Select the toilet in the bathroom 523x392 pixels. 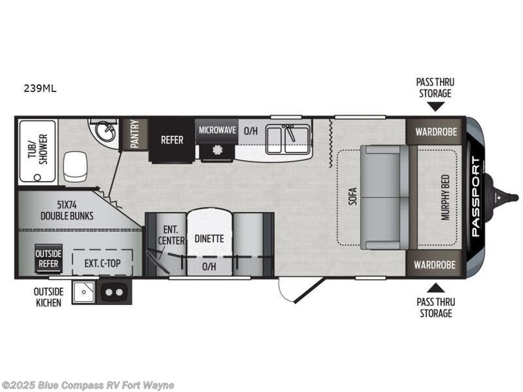(x=75, y=167)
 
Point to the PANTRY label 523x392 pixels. (x=135, y=133)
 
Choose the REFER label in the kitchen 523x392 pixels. (x=172, y=139)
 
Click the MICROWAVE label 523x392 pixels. (x=217, y=130)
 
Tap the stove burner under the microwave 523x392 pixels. (x=217, y=150)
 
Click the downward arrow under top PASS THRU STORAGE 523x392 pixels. (x=436, y=106)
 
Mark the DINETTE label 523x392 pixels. (x=209, y=238)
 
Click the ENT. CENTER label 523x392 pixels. (x=171, y=235)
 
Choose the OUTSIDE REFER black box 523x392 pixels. (x=49, y=259)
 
